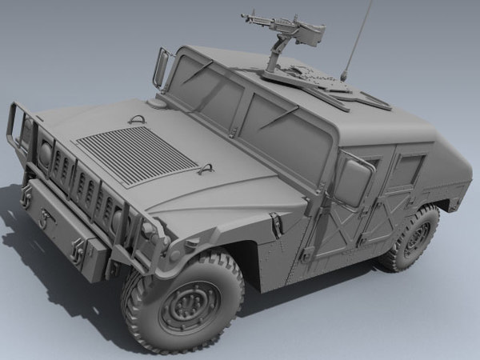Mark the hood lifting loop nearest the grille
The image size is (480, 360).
pyautogui.click(x=137, y=119)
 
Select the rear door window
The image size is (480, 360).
pyautogui.click(x=406, y=172)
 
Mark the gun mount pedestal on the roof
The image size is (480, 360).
pyautogui.click(x=276, y=60)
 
